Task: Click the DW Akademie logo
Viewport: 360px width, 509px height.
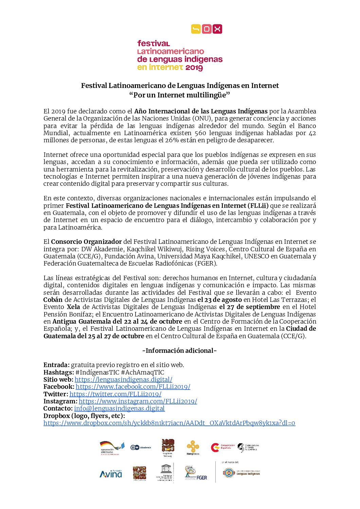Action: (x=141, y=447)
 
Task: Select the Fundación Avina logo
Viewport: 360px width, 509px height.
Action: (x=111, y=473)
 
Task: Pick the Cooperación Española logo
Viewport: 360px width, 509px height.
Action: (x=222, y=447)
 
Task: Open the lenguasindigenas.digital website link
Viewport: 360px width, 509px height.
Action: (x=123, y=379)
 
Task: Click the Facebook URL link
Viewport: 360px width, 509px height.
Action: (x=133, y=386)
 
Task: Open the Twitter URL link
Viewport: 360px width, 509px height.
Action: (x=115, y=394)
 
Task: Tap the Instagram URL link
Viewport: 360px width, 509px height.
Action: (x=138, y=401)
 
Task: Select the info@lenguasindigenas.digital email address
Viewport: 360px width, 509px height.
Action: (x=119, y=408)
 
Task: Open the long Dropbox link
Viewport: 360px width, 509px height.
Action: (x=169, y=423)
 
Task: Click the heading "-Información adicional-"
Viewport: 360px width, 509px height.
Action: (x=179, y=350)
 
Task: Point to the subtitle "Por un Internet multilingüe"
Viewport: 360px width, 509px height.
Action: (x=180, y=94)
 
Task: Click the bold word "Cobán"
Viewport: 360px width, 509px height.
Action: (x=53, y=299)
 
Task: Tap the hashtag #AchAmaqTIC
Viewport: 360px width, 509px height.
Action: (x=142, y=372)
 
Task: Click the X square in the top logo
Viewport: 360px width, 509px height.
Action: (x=217, y=29)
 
